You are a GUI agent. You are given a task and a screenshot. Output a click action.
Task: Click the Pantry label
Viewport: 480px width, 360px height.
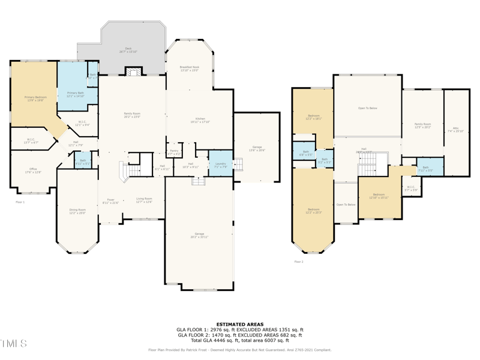point(174,152)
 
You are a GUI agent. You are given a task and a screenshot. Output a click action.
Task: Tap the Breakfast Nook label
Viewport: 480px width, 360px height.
point(189,68)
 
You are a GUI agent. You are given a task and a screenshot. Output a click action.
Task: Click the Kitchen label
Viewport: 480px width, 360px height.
point(200,120)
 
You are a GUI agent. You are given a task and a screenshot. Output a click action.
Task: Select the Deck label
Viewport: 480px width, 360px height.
point(128,50)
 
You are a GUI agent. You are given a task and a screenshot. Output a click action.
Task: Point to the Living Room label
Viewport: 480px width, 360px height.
point(144,200)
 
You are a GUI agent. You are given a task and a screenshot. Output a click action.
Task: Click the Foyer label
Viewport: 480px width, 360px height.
point(110,201)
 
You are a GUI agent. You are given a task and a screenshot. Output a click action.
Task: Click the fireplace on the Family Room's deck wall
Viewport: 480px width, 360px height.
point(133,72)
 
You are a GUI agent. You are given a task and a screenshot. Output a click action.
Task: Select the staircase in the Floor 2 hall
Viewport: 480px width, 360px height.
point(367,170)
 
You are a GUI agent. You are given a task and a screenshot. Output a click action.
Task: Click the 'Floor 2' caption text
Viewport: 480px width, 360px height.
point(299,262)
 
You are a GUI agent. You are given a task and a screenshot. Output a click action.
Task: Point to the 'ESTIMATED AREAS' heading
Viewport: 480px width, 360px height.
point(240,325)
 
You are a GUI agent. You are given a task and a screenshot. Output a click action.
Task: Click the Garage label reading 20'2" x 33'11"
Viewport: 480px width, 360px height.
point(199,235)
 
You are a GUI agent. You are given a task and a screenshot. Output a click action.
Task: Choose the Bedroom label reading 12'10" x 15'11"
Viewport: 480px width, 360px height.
point(378,196)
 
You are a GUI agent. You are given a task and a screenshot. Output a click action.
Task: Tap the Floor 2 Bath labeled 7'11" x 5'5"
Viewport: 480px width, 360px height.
point(425,169)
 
